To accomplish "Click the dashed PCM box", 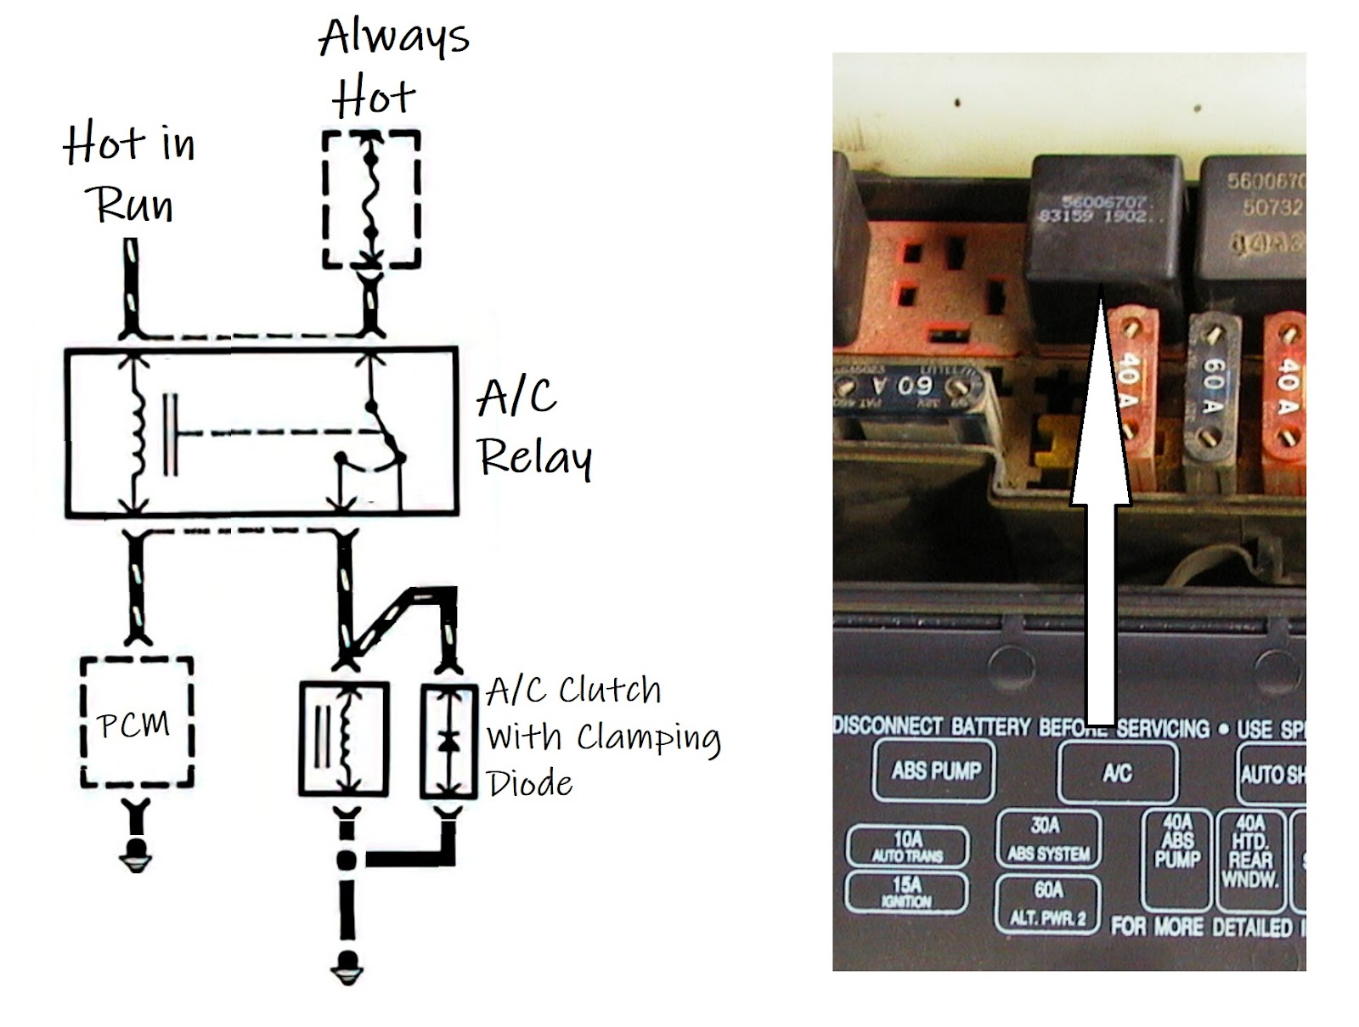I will coord(136,722).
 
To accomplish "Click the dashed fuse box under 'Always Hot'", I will coord(371,199).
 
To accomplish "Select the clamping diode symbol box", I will coord(448,740).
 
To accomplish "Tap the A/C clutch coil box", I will coord(343,738).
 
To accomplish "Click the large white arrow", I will coord(1101,510).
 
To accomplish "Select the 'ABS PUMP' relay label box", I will coord(934,770).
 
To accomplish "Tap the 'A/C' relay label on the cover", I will coord(1117,772).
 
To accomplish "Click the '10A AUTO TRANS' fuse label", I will coord(907,846).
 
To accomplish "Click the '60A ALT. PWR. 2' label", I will coord(1048,903).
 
